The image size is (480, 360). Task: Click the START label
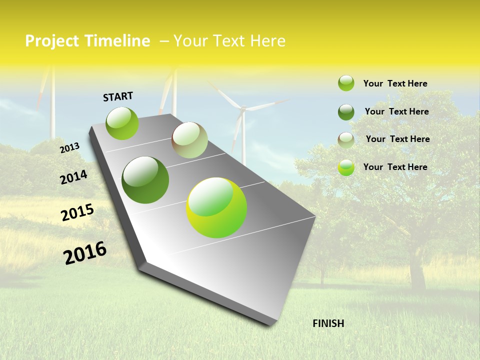[118, 96]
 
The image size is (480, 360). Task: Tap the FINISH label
[328, 323]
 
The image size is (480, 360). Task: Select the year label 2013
[69, 148]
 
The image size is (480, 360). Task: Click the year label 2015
[77, 212]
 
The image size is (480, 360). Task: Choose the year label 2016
[85, 253]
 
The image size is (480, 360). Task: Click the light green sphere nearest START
[122, 123]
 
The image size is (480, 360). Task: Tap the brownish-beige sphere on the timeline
[189, 140]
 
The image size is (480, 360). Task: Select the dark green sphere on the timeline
[145, 180]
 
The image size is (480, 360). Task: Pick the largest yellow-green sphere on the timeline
[216, 207]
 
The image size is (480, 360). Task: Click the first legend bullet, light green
[346, 83]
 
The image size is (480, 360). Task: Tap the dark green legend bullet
[346, 112]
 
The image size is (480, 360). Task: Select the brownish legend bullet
[346, 140]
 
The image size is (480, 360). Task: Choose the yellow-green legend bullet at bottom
[346, 167]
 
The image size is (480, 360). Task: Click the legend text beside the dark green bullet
[396, 111]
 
